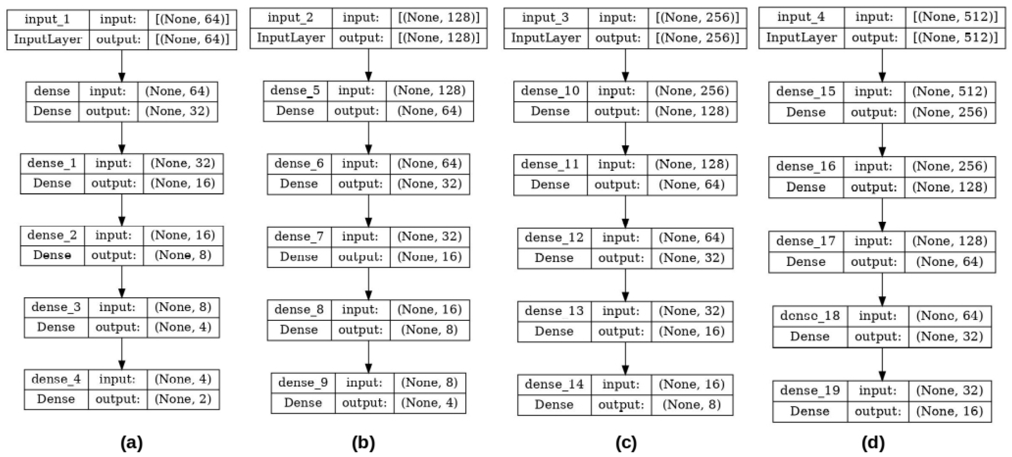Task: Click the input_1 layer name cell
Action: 47,19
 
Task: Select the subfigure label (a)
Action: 132,443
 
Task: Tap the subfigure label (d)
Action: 873,443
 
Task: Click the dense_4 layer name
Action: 56,379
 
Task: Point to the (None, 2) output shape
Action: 183,399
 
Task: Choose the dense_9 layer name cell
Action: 303,382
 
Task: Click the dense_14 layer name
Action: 554,384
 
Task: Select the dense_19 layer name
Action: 810,390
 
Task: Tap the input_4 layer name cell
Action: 801,17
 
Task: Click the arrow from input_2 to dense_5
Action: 368,65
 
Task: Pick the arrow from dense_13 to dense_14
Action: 625,358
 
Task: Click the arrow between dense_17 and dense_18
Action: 882,289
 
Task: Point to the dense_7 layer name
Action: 299,237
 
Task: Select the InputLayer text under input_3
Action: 546,38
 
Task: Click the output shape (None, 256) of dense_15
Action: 950,112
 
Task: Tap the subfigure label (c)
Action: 626,443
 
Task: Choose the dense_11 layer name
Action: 550,164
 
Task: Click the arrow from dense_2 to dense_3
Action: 122,281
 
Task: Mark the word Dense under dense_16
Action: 805,187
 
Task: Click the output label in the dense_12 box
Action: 621,258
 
